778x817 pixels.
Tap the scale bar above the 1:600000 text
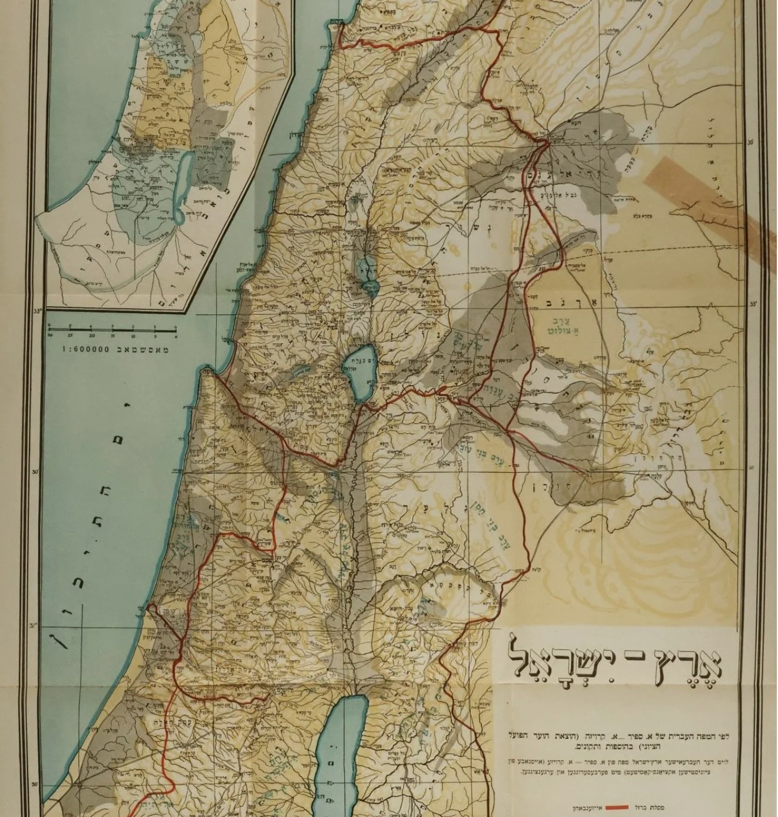[112, 330]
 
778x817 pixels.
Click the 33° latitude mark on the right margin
[753, 304]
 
